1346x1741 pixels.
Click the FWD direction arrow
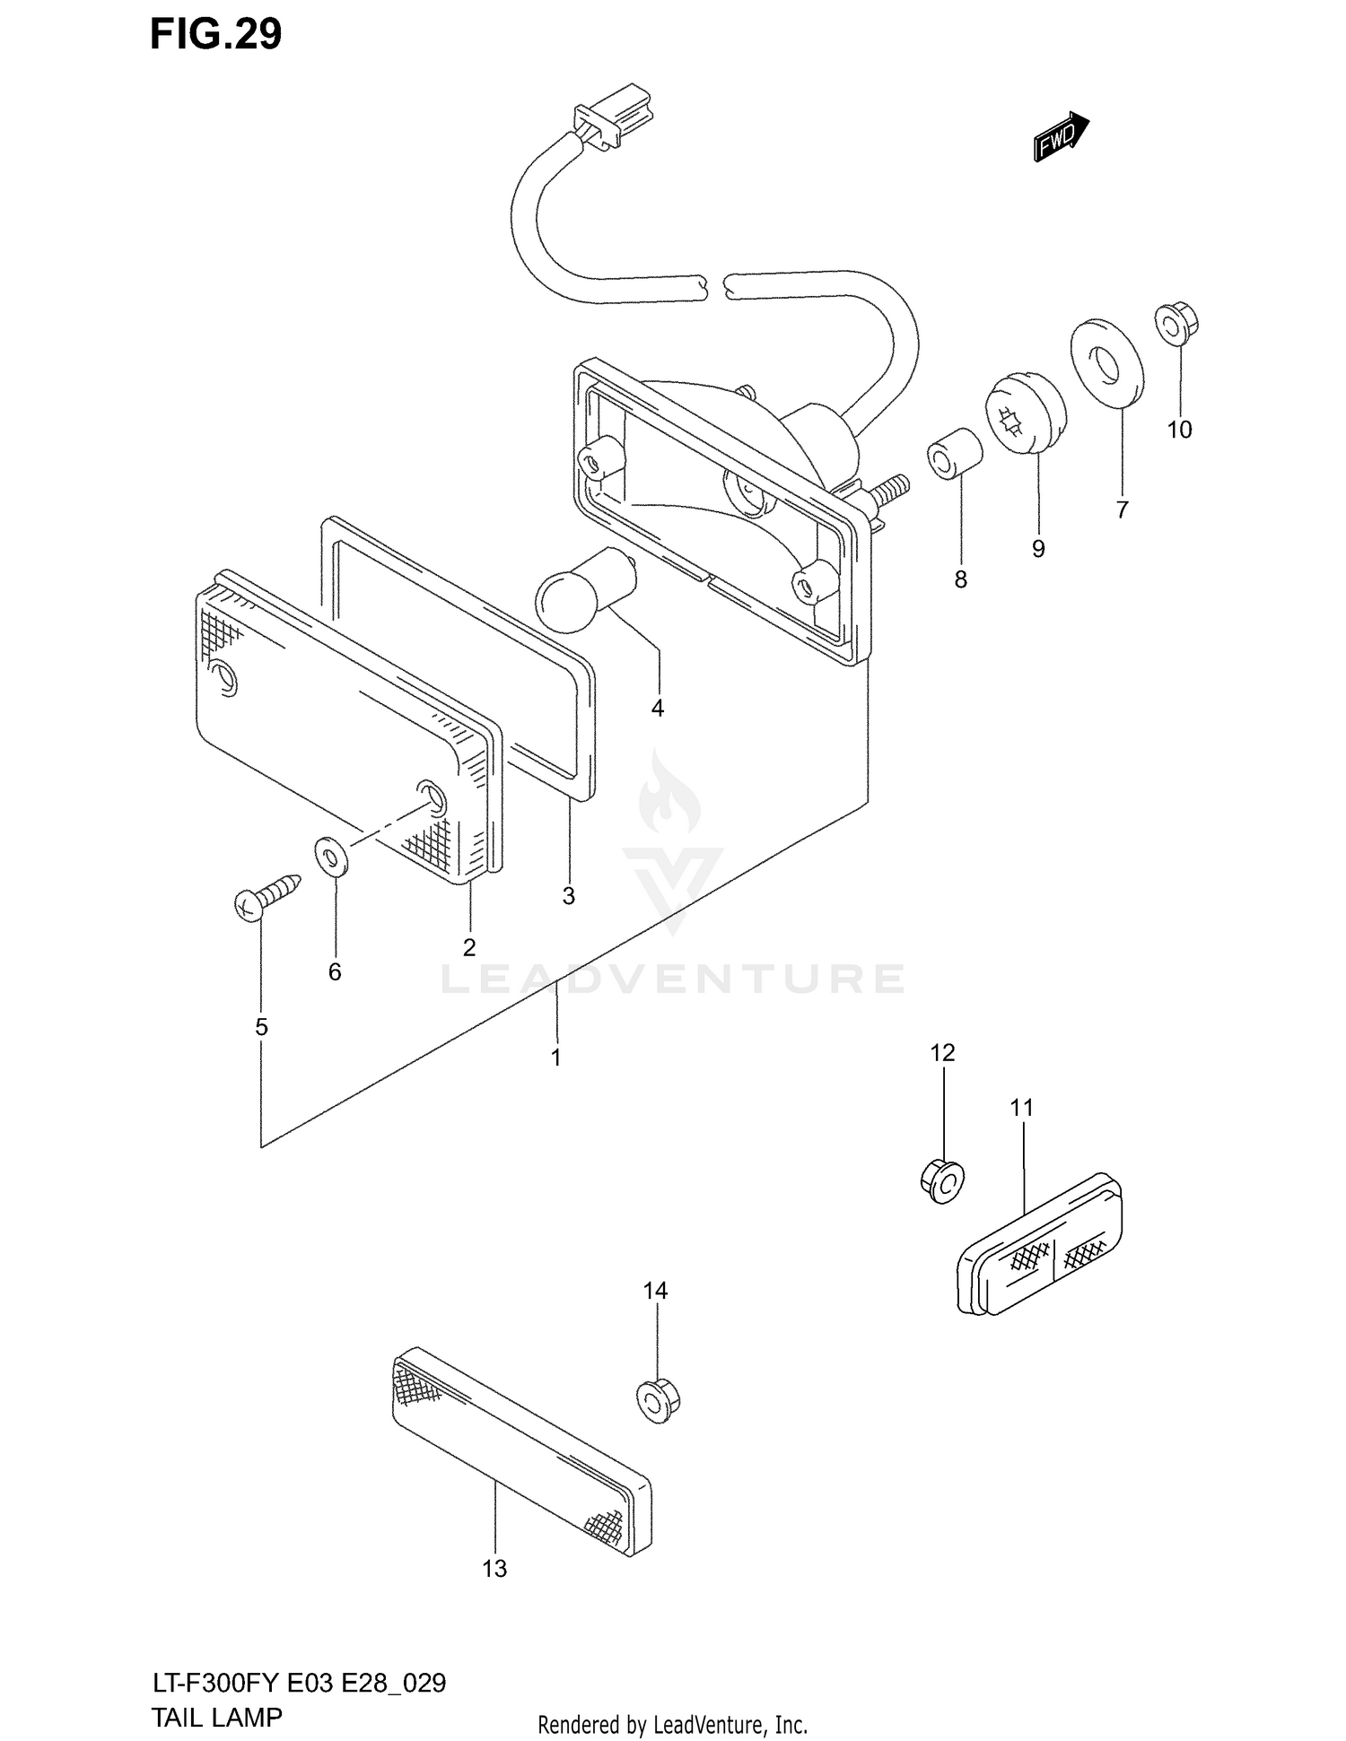pos(1062,137)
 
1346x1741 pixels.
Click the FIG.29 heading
pos(215,34)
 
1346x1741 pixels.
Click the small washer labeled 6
pos(331,856)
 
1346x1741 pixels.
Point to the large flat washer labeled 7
pos(1107,362)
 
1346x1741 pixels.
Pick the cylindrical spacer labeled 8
pos(955,453)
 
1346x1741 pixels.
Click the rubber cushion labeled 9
pos(1026,414)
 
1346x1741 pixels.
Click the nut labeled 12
pos(941,1180)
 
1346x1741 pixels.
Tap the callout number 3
pos(568,896)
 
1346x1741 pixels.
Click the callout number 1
pos(555,1058)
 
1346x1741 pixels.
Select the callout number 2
pos(468,947)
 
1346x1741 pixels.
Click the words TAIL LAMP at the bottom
pos(216,1717)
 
